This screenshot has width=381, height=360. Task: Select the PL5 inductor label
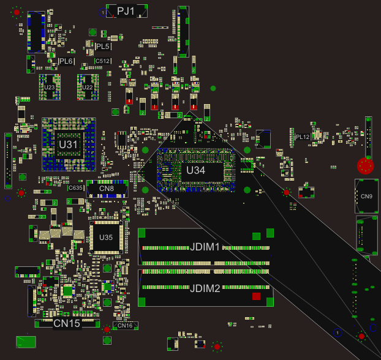tap(103, 47)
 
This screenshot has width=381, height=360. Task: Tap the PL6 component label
tap(66, 61)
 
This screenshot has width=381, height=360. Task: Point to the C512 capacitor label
tap(103, 61)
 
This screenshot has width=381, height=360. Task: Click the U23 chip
tap(50, 88)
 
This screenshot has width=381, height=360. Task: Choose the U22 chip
tap(88, 88)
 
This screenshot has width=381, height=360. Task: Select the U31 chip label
tap(69, 144)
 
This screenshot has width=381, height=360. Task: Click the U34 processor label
tap(195, 170)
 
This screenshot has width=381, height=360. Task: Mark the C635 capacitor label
tap(76, 188)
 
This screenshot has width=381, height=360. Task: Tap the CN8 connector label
tap(107, 189)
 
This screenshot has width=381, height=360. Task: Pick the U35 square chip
tap(106, 238)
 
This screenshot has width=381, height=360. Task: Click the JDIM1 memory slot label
tap(205, 247)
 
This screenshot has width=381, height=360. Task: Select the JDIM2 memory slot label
tap(205, 288)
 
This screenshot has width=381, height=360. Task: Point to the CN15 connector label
tap(67, 323)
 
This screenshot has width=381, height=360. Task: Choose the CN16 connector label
tap(124, 326)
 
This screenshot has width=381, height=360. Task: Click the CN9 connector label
tap(366, 197)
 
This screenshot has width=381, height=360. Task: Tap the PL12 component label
tap(303, 137)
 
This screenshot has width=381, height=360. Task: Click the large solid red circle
tap(365, 166)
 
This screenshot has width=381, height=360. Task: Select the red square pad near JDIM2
tap(256, 296)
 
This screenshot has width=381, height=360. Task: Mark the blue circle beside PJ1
tap(102, 12)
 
